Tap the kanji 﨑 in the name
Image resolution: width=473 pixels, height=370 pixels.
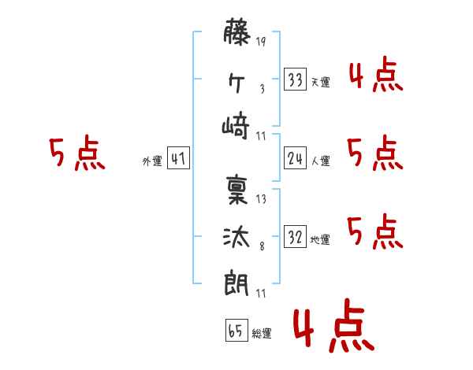pyautogui.click(x=237, y=126)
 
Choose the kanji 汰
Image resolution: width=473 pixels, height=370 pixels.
pyautogui.click(x=237, y=235)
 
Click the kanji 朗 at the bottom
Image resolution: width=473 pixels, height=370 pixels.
pyautogui.click(x=237, y=282)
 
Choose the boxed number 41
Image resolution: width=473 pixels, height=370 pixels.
pyautogui.click(x=178, y=160)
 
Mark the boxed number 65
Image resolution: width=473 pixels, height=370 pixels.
pyautogui.click(x=236, y=332)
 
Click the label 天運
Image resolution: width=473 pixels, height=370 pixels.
pyautogui.click(x=320, y=83)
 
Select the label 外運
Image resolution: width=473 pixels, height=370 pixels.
pyautogui.click(x=152, y=162)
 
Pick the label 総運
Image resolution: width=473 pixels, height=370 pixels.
pyautogui.click(x=261, y=335)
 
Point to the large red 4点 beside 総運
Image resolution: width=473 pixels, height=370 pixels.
pyautogui.click(x=331, y=328)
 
